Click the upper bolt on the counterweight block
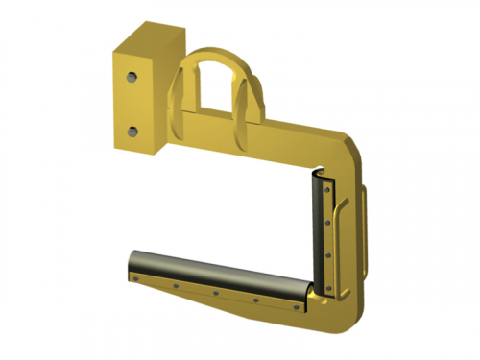132,74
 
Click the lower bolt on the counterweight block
133,130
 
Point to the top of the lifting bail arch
217,49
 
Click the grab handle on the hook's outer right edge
371,206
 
